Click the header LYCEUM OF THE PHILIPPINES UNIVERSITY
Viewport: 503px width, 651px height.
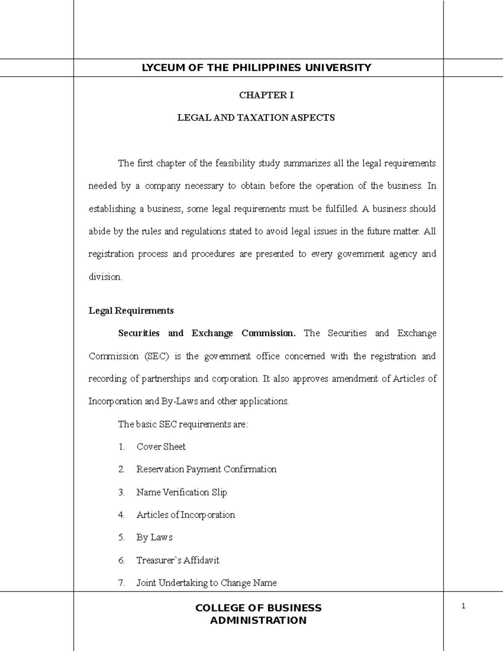tap(257, 68)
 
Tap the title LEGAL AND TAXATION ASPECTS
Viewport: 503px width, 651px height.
tap(256, 118)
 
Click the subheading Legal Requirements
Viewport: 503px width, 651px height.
tap(131, 311)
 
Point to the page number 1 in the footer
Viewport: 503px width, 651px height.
tap(463, 606)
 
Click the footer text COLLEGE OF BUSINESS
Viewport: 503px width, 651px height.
tap(258, 608)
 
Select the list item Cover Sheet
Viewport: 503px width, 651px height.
tap(161, 447)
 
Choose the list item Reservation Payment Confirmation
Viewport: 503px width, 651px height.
tap(206, 469)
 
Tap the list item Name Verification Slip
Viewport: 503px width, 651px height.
tap(181, 492)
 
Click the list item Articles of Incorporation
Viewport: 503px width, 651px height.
tap(186, 515)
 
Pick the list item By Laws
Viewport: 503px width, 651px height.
tap(154, 537)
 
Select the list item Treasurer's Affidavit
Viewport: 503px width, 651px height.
tap(178, 560)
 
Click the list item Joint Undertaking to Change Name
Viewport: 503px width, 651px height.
tap(206, 583)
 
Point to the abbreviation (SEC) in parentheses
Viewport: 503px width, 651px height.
tap(157, 356)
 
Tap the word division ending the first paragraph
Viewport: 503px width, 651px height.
tap(105, 277)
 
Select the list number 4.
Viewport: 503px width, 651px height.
tap(122, 515)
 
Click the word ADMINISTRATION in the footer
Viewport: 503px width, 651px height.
tap(258, 620)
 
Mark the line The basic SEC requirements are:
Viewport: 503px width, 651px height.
tap(183, 424)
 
